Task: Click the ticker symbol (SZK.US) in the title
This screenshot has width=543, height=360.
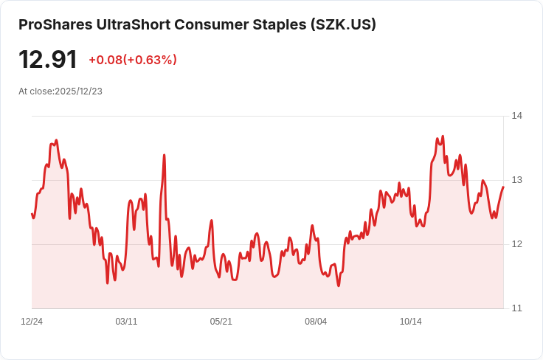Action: [x=343, y=25]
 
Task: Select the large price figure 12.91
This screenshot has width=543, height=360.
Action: [x=48, y=60]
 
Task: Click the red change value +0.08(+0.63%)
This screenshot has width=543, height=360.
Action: [x=133, y=60]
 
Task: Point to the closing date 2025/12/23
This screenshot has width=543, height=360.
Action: [x=79, y=91]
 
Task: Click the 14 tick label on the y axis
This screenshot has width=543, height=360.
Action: [x=516, y=116]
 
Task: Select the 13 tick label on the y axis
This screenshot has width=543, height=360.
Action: [x=516, y=180]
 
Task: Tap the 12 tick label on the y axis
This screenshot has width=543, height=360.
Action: [x=516, y=244]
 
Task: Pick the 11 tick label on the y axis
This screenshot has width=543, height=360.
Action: [x=516, y=308]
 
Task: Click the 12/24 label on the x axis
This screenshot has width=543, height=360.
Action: [x=32, y=322]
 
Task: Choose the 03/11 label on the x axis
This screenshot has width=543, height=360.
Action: [x=126, y=322]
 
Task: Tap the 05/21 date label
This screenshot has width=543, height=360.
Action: [x=221, y=322]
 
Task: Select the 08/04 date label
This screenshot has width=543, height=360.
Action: [x=316, y=322]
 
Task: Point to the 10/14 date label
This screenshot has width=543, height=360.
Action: [x=411, y=322]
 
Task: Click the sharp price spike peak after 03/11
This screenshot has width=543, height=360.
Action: [x=164, y=155]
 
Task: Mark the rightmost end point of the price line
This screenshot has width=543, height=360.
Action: [x=503, y=187]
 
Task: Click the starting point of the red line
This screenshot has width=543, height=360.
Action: [x=32, y=214]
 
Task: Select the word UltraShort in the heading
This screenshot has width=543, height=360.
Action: [x=134, y=25]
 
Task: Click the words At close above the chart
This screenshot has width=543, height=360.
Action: [x=36, y=91]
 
